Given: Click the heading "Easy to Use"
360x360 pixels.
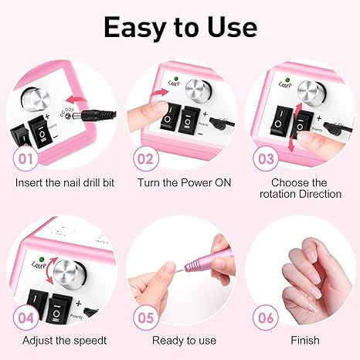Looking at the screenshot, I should (x=179, y=27).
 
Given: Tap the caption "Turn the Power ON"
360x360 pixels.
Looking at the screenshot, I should (x=179, y=183).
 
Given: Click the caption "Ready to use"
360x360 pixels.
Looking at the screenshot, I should (x=179, y=340).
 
